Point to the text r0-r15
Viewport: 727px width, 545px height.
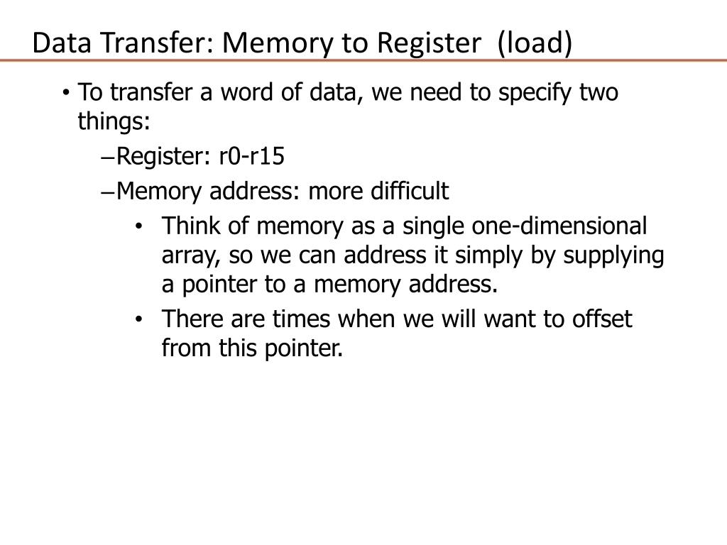pyautogui.click(x=251, y=155)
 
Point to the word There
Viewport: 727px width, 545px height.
pyautogui.click(x=188, y=319)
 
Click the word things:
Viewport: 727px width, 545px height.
pyautogui.click(x=114, y=121)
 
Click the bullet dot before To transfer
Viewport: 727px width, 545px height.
pyautogui.click(x=65, y=93)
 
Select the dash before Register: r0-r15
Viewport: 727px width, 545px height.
pyautogui.click(x=108, y=156)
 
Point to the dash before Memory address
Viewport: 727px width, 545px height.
pyautogui.click(x=108, y=192)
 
